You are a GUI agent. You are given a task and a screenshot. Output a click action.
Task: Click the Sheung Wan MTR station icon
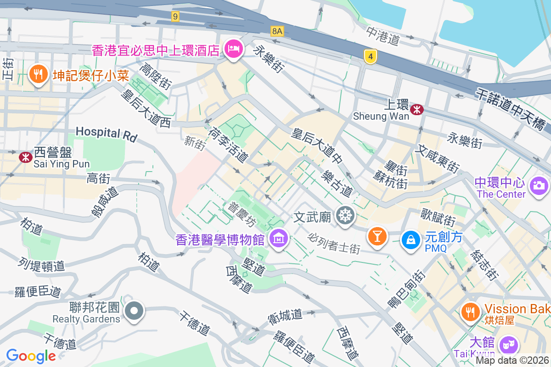[x=417, y=109]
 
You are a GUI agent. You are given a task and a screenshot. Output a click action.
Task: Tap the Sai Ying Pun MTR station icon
[x=25, y=157]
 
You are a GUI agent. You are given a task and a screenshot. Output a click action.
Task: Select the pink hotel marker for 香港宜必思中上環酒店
[x=234, y=50]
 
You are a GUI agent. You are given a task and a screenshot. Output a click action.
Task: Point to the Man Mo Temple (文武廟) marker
[x=345, y=215]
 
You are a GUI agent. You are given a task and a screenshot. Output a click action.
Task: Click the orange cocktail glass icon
[x=377, y=237]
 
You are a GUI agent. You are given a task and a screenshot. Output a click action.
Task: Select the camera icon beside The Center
[x=539, y=186]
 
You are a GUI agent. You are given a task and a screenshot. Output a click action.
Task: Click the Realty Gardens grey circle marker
[x=134, y=311]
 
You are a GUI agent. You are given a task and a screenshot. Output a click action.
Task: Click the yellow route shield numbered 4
[x=371, y=56]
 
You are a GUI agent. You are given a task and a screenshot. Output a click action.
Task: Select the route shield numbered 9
[x=175, y=17]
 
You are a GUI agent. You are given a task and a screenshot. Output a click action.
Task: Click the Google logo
[x=31, y=356]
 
